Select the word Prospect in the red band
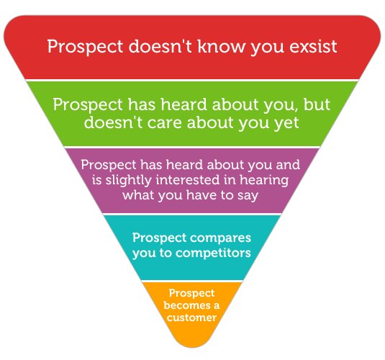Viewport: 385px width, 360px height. pyautogui.click(x=81, y=47)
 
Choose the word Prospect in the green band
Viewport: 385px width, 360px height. pyautogui.click(x=86, y=104)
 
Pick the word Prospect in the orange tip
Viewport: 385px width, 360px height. pyautogui.click(x=191, y=293)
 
